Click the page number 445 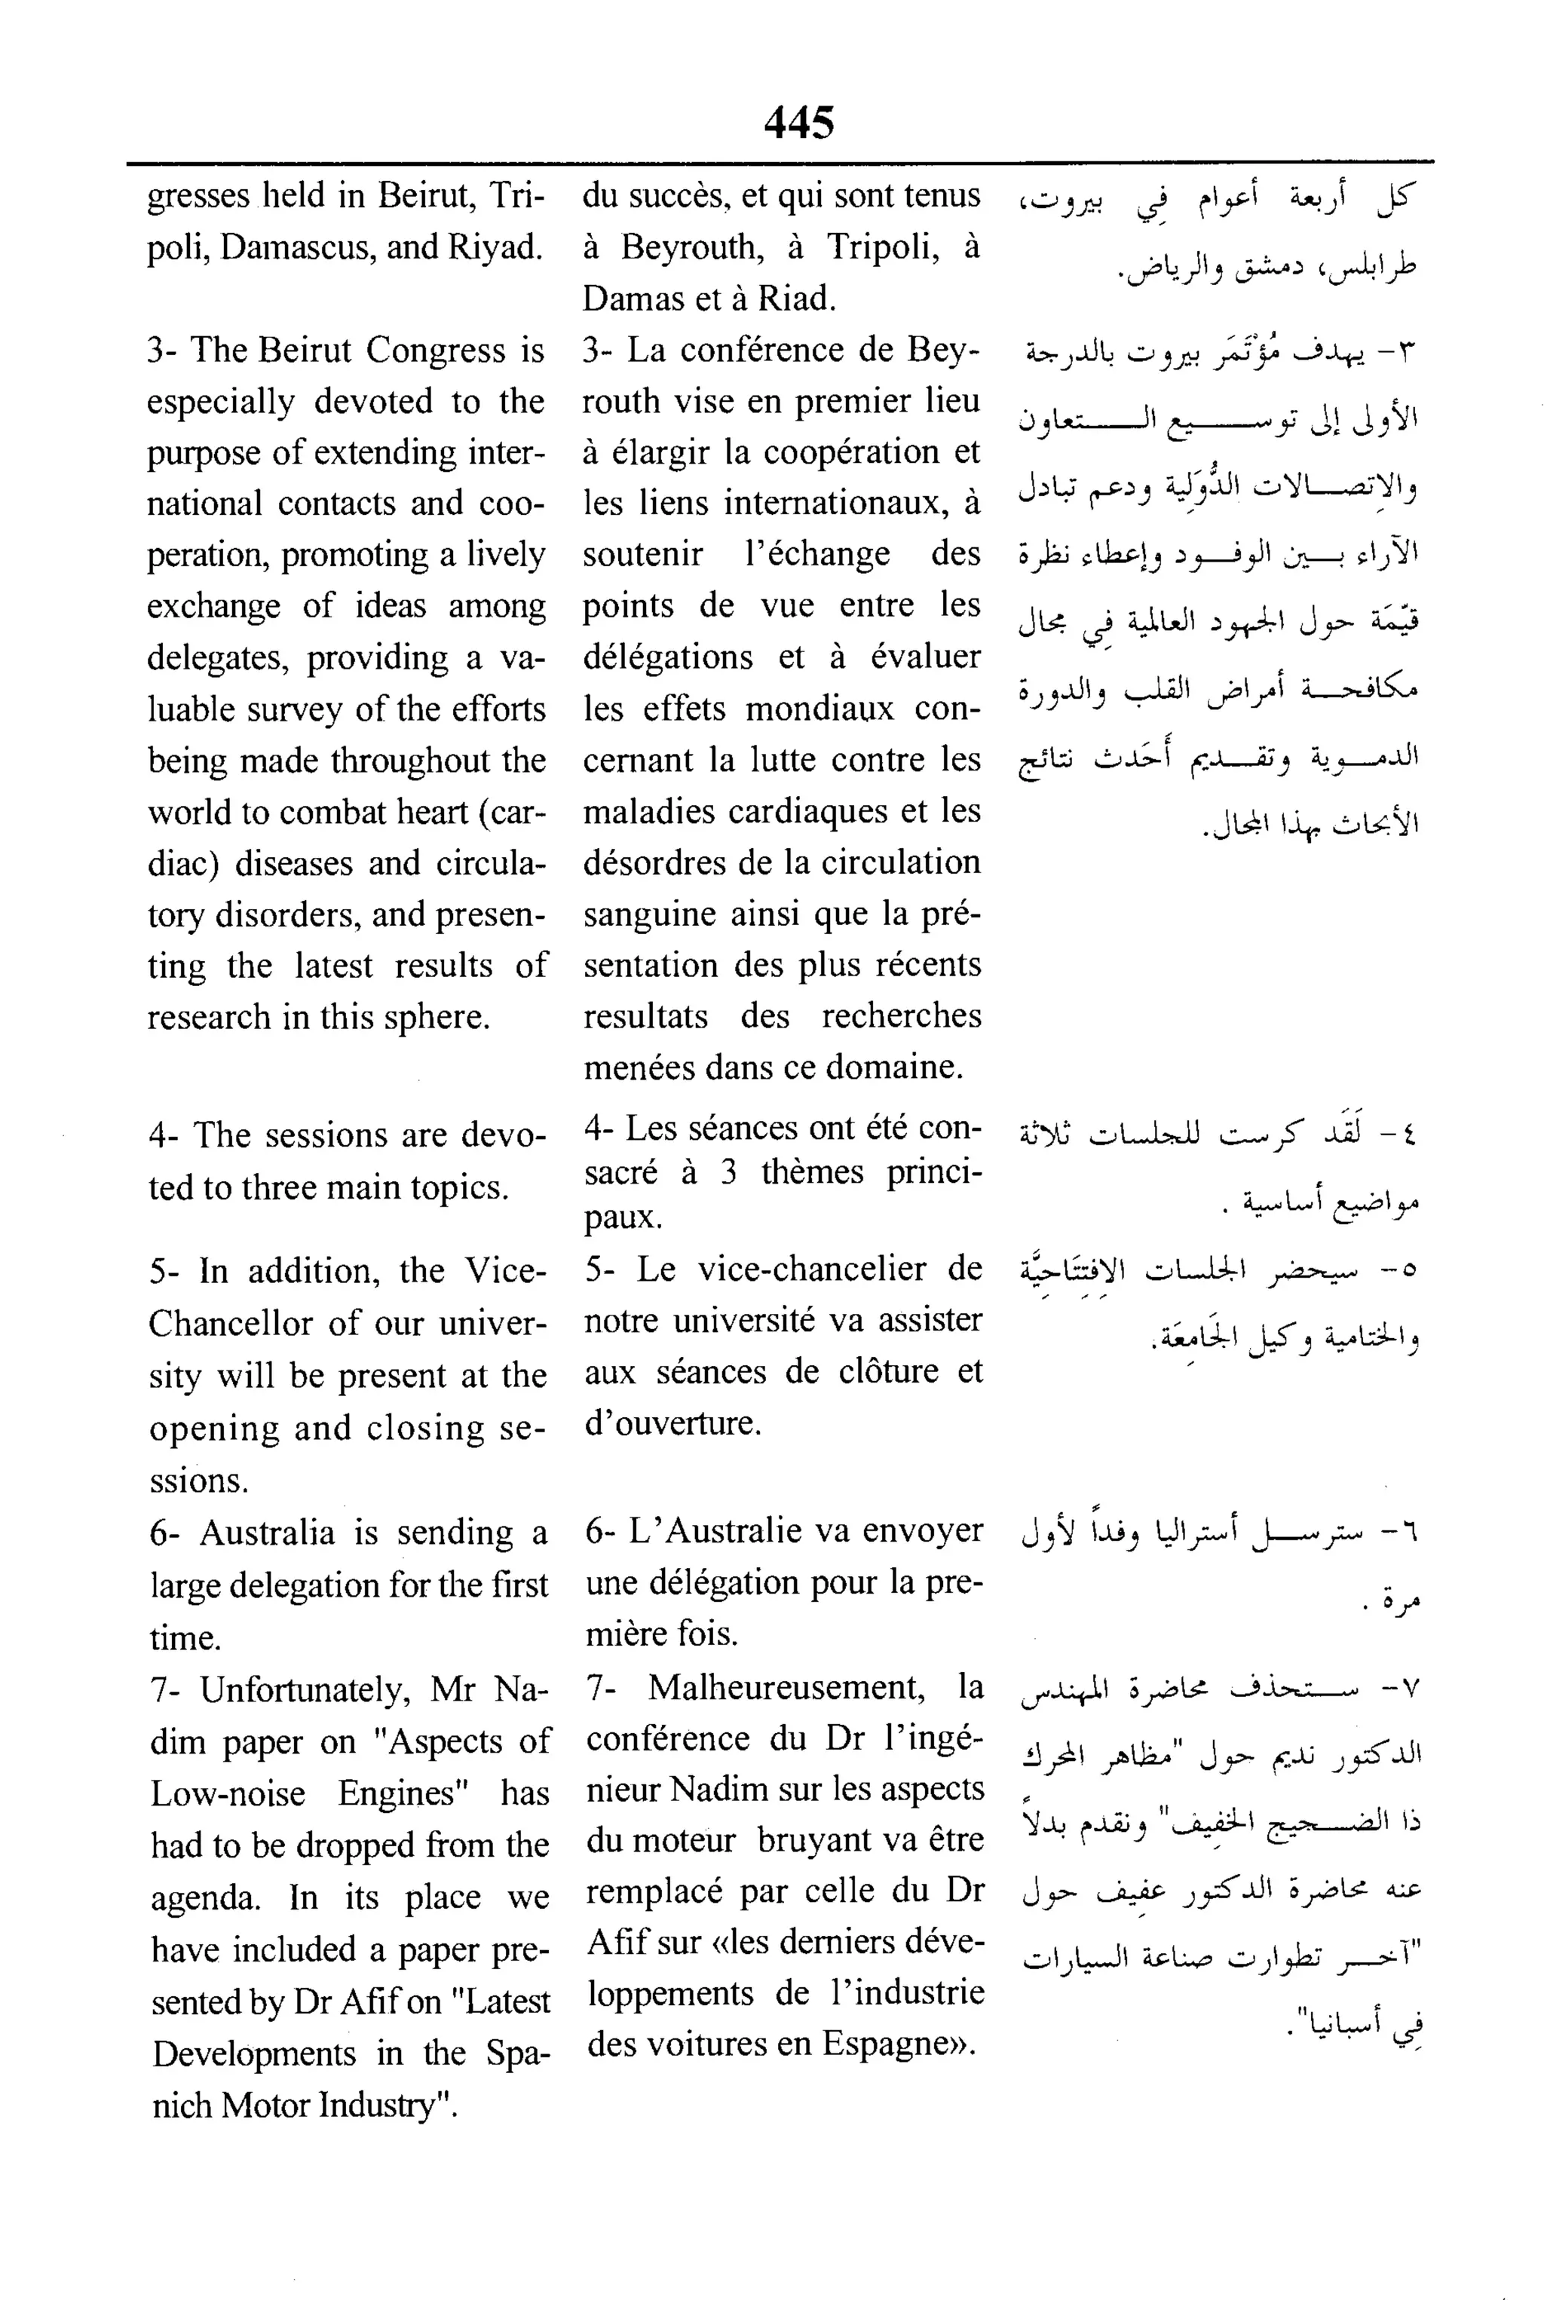tap(798, 122)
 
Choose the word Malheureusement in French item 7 tap(786, 1688)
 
